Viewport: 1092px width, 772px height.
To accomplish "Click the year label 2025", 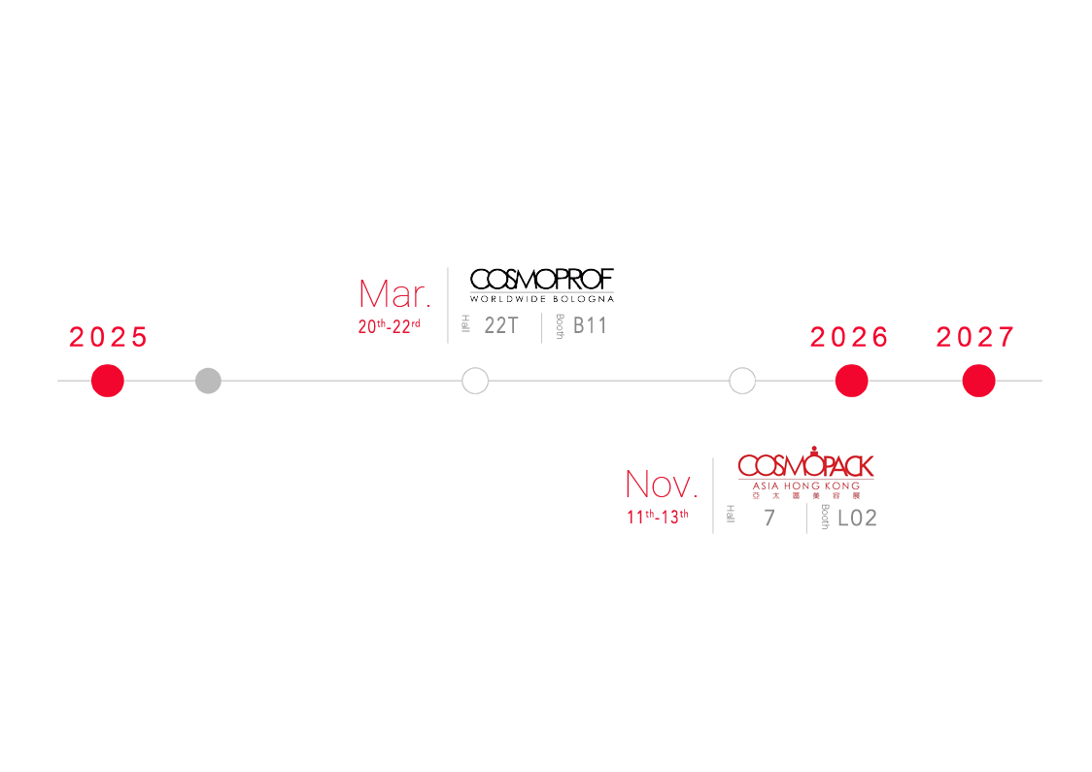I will pos(108,337).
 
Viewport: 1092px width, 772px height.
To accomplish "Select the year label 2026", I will pos(850,337).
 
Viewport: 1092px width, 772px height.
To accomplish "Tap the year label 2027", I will pos(975,337).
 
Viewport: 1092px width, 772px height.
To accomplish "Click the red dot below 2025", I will pos(108,381).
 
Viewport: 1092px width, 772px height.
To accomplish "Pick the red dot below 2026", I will pos(851,381).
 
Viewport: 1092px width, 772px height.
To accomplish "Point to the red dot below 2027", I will pos(978,381).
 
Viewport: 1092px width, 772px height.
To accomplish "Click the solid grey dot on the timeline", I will pos(208,381).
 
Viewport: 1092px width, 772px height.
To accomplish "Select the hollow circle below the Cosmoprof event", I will pos(475,381).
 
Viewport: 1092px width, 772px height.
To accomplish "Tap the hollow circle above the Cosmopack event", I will pos(742,381).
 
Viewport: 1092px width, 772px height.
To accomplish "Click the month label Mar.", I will pos(394,294).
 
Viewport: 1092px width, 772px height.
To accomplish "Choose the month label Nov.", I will pos(661,484).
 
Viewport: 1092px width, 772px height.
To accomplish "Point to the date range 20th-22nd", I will pos(389,326).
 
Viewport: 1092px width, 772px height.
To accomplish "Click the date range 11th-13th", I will pos(657,517).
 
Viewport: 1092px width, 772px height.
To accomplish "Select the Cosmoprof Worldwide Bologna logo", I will pos(542,285).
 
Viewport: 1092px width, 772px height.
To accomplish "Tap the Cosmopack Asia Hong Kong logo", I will pos(805,475).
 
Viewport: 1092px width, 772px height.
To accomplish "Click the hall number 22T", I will pos(501,326).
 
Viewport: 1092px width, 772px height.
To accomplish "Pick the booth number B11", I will pos(590,326).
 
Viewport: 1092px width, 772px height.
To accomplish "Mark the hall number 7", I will pos(769,519).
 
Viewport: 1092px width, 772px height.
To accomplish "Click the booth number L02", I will pos(857,519).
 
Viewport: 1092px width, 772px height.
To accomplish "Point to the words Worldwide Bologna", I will pos(542,298).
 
